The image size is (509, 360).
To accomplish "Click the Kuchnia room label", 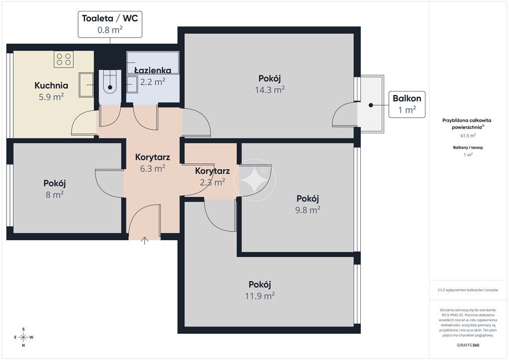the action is pyautogui.click(x=51, y=86).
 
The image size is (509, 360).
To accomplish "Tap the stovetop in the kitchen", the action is pyautogui.click(x=64, y=59).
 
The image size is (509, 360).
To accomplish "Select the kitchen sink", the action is pyautogui.click(x=86, y=85).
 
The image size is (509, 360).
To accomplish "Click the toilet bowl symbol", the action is pyautogui.click(x=110, y=82).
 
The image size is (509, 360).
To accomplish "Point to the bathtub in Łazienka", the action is pyautogui.click(x=153, y=62).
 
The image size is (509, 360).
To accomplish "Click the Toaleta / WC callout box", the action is pyautogui.click(x=110, y=24).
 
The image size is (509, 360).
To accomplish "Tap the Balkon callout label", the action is pyautogui.click(x=407, y=104).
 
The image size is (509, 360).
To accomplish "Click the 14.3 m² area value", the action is pyautogui.click(x=270, y=90).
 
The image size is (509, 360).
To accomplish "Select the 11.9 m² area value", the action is pyautogui.click(x=259, y=296).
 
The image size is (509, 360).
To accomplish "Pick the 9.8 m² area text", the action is pyautogui.click(x=308, y=210).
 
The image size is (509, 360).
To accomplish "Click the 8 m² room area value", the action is pyautogui.click(x=55, y=195).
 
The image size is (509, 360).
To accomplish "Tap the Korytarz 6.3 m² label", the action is pyautogui.click(x=153, y=163).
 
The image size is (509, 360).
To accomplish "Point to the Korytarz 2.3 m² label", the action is pyautogui.click(x=212, y=176).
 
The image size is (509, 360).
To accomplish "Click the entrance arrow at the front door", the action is pyautogui.click(x=145, y=241).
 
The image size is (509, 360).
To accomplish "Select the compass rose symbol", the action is pyautogui.click(x=24, y=337).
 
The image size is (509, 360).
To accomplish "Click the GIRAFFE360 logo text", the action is pyautogui.click(x=468, y=345).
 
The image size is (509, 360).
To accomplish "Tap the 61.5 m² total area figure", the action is pyautogui.click(x=468, y=136).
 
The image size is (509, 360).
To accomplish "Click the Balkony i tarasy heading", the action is pyautogui.click(x=468, y=147).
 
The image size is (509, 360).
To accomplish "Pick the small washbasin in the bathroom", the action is pyautogui.click(x=132, y=85).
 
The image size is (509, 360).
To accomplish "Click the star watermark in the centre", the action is pyautogui.click(x=254, y=180).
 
